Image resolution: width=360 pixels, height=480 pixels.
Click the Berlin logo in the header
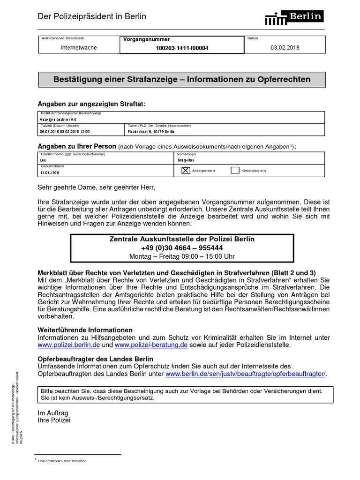coord(294,17)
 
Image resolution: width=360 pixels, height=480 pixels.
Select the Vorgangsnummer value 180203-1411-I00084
coord(182,48)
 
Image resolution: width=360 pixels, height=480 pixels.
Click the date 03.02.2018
coord(285,48)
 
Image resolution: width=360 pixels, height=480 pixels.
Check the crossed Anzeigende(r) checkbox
coord(185,171)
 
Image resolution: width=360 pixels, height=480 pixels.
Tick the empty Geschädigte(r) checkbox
coord(235,171)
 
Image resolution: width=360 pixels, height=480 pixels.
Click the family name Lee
coord(43,160)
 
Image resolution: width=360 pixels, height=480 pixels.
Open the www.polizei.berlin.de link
coord(69,345)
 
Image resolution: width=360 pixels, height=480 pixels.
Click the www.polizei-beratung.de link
coord(151,345)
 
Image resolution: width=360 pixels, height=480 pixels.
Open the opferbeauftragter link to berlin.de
coord(245,374)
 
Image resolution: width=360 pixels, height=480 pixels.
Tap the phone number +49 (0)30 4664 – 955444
coord(182,247)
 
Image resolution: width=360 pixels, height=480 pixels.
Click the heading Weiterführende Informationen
coord(85,330)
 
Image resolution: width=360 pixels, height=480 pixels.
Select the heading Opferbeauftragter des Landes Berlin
coord(95,359)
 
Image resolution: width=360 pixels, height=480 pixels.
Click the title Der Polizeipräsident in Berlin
coord(92,16)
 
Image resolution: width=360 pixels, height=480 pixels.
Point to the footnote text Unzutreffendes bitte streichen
coord(62,461)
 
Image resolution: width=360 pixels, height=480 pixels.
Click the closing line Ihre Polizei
coord(54,420)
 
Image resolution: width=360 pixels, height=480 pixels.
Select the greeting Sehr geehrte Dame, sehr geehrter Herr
coord(96,187)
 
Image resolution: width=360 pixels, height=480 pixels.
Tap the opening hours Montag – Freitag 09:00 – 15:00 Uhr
coord(182,256)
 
